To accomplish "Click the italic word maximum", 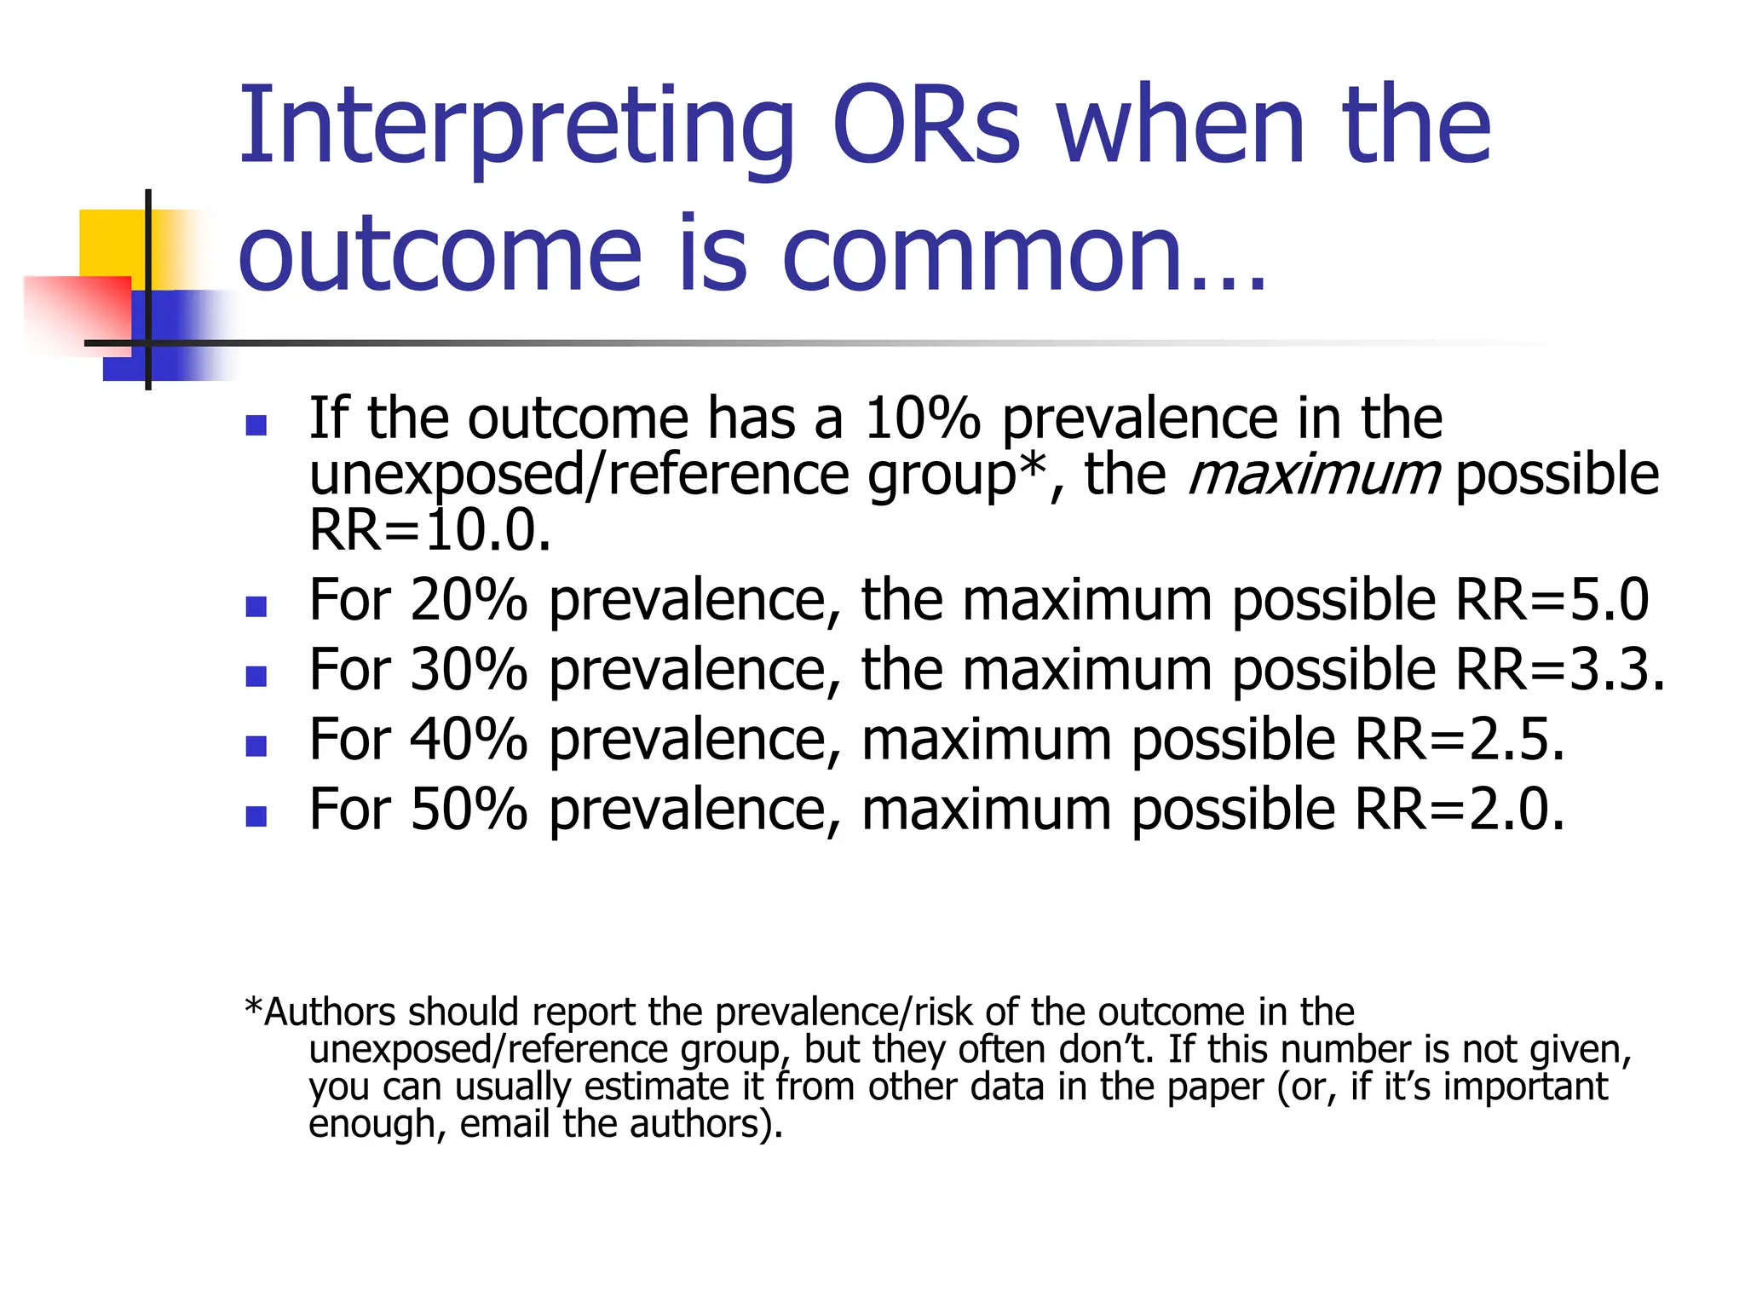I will click(1313, 474).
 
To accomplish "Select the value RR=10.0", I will click(429, 530).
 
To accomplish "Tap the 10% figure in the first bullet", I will click(922, 418).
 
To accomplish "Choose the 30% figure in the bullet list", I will click(469, 670).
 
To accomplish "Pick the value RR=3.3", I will click(1559, 670).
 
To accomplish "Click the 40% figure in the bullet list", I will click(469, 740).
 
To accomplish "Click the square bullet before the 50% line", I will click(256, 816).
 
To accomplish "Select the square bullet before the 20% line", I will click(256, 607).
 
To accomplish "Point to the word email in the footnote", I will click(504, 1124).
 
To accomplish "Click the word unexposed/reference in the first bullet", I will click(579, 476).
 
